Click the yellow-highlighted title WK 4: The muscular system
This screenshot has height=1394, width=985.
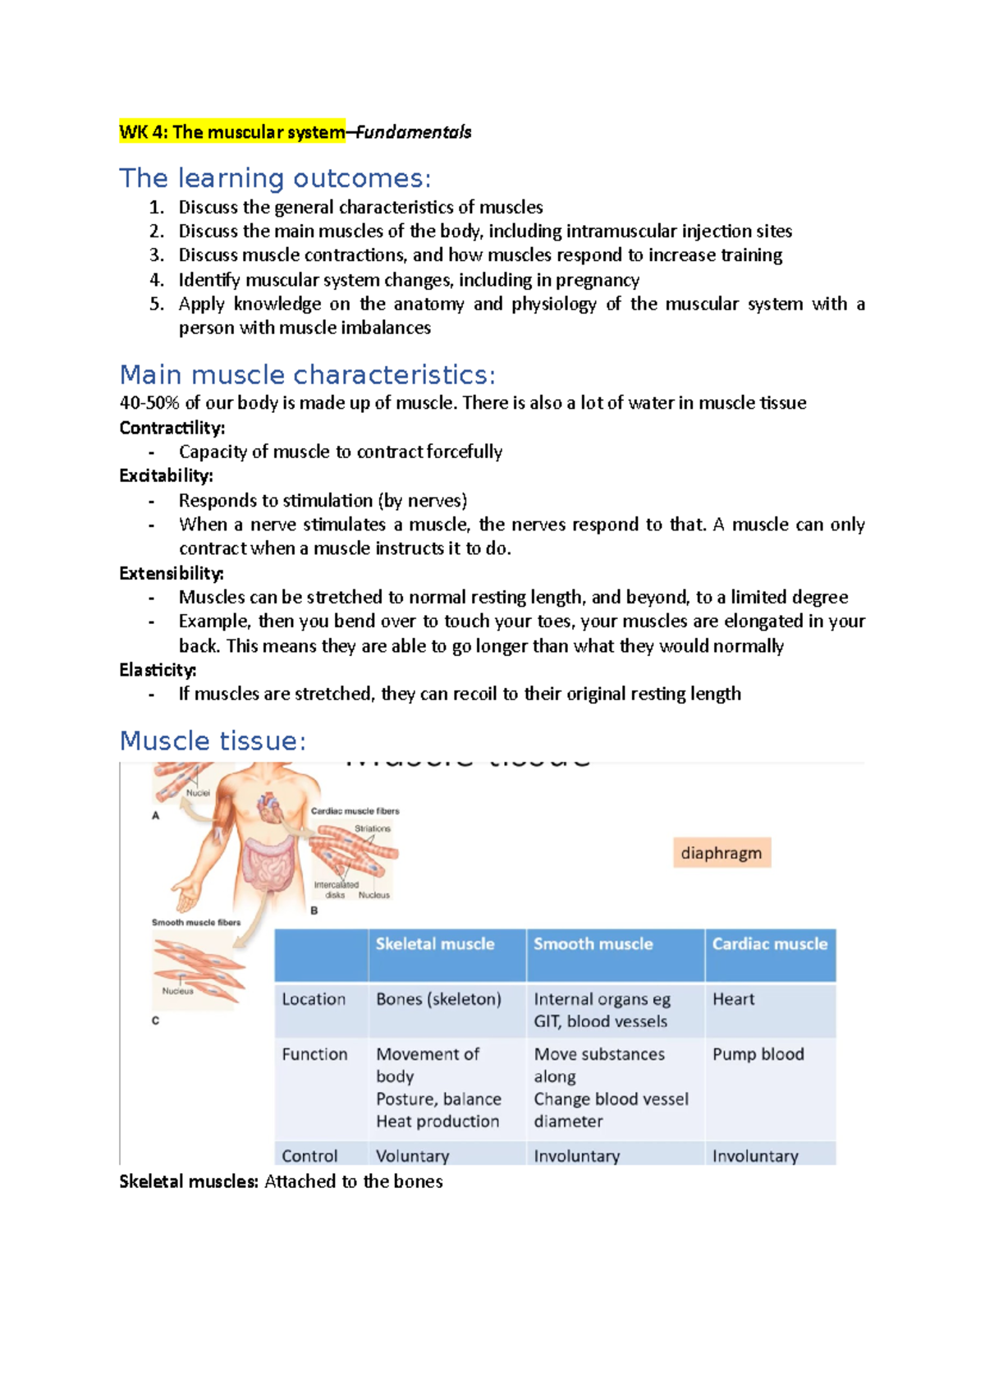232,132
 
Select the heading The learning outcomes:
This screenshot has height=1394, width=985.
275,178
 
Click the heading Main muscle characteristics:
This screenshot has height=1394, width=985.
307,375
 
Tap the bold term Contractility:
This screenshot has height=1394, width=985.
172,428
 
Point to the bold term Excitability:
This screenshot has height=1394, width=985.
166,476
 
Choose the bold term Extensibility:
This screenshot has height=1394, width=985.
171,573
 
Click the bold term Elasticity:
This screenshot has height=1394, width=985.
158,670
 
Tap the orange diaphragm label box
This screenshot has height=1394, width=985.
721,853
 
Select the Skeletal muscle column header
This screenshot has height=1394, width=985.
435,944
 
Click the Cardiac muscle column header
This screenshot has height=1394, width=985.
769,944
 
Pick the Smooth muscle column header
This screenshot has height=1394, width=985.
593,944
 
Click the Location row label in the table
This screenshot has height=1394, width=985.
314,999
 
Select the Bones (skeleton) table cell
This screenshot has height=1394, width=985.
438,999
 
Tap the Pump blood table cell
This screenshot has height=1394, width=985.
758,1054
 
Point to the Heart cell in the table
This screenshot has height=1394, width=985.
733,999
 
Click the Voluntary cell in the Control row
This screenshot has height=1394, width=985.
412,1156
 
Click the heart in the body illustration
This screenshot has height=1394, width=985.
268,806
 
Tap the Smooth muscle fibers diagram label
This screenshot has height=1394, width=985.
195,923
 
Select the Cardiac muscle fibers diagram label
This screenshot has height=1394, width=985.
355,811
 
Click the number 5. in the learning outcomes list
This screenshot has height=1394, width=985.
157,305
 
